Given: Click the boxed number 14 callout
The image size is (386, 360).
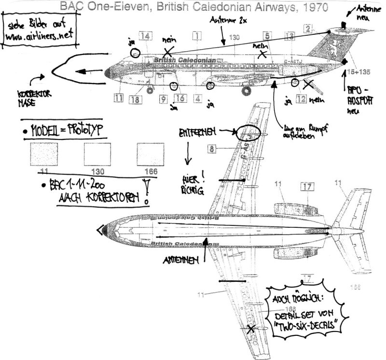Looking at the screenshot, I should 146,35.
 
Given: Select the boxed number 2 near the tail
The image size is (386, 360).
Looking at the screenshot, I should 307,28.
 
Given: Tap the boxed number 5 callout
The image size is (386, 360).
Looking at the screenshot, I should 267,35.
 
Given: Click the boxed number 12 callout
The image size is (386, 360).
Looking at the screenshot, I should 301,99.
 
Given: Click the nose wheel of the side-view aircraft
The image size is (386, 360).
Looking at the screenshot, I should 149,89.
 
